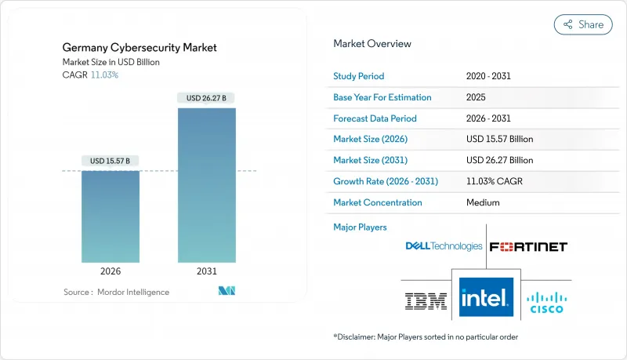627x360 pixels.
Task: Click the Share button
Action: (x=583, y=24)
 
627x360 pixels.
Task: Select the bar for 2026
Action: (x=111, y=216)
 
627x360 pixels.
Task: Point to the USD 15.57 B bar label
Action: (x=111, y=161)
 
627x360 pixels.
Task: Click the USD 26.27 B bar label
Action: (x=207, y=98)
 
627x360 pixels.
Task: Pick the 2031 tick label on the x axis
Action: (x=207, y=271)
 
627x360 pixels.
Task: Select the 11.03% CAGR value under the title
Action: (x=105, y=75)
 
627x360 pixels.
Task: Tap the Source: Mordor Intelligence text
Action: (x=116, y=292)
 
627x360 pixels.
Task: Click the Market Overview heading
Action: (x=372, y=44)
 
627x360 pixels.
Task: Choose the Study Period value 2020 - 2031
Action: (x=491, y=77)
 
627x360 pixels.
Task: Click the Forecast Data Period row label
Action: (x=375, y=118)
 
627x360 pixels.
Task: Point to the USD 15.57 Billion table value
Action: (x=499, y=140)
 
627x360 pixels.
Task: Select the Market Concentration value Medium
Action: (x=483, y=202)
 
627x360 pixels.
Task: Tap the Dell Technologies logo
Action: (x=444, y=246)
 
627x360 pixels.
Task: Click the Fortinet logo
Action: (x=527, y=246)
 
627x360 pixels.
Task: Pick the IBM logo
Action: (x=426, y=300)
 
